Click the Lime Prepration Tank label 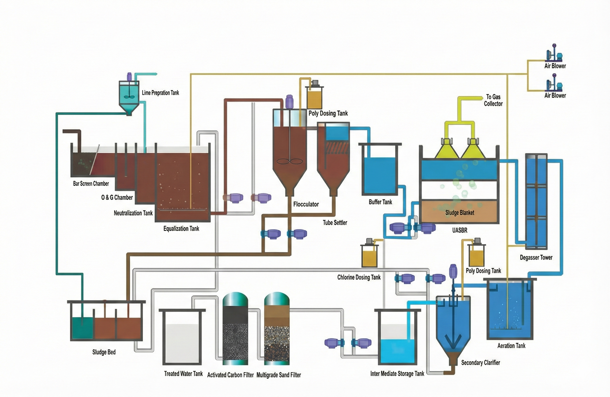pos(160,93)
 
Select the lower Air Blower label pos(555,95)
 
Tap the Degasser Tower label pos(536,257)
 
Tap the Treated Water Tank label pos(183,374)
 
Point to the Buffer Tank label pos(380,202)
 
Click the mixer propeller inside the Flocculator pos(289,162)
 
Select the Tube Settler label pos(335,223)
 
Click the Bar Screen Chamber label pos(91,183)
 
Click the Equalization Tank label pos(181,228)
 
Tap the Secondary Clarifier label pos(480,363)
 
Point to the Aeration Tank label pos(511,346)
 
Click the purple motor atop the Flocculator pos(289,101)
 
